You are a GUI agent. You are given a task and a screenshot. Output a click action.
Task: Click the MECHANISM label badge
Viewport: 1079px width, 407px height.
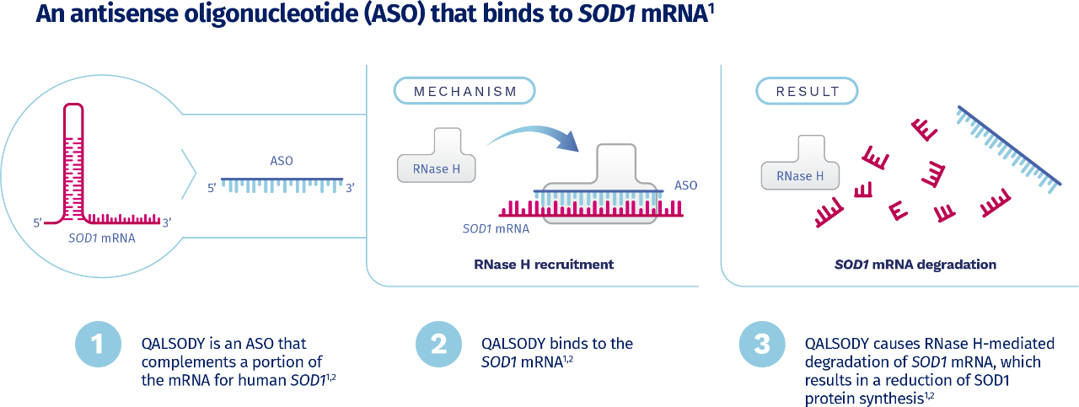tap(464, 90)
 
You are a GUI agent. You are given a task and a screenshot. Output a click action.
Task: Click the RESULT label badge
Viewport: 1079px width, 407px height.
tap(807, 90)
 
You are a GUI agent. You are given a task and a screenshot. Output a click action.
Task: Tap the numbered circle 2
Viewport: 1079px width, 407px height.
tap(438, 345)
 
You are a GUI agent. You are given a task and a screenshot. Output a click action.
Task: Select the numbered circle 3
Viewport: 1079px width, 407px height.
tap(761, 345)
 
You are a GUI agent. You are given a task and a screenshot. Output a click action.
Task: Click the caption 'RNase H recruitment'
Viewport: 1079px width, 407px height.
tap(545, 265)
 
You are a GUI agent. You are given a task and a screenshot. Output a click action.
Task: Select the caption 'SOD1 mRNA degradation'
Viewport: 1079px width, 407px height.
tap(915, 265)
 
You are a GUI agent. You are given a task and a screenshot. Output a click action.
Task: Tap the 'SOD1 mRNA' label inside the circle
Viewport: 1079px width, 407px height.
tap(102, 238)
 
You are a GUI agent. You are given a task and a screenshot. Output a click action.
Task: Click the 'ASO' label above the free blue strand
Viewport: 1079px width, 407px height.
tap(281, 161)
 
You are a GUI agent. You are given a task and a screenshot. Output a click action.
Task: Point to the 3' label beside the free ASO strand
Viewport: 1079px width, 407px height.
tap(351, 188)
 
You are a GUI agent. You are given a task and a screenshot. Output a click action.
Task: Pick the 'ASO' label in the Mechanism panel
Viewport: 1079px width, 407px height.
tap(685, 185)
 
